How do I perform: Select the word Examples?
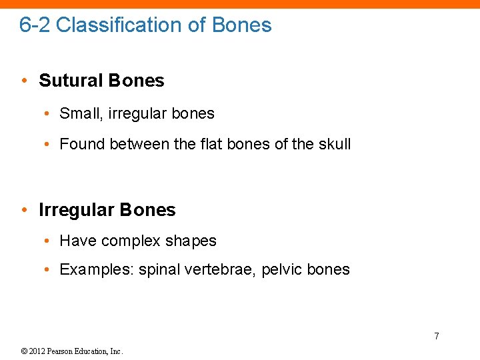point(96,270)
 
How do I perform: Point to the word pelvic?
point(281,270)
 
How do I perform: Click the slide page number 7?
point(437,336)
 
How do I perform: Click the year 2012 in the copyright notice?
point(39,351)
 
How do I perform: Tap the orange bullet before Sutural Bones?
point(24,81)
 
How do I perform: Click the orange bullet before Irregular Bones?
point(24,211)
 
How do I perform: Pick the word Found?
point(82,144)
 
